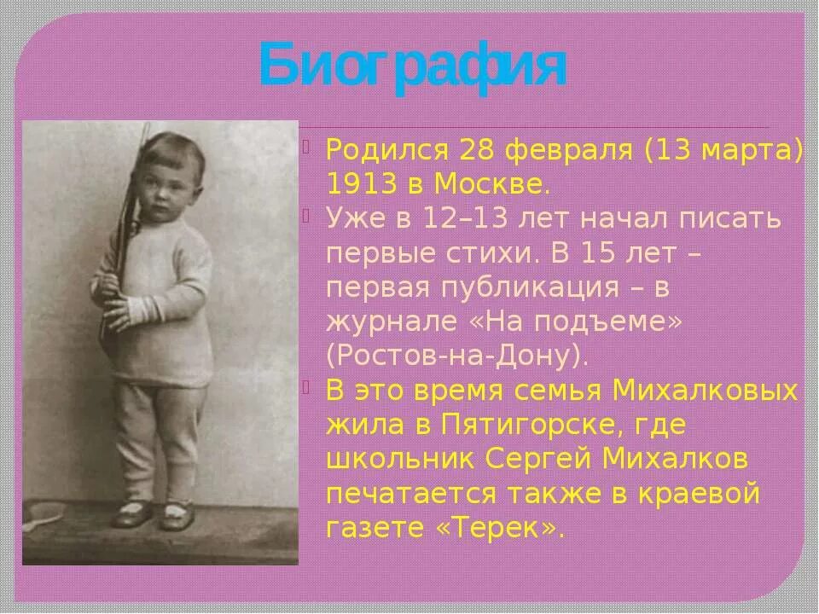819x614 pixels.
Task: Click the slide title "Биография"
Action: pyautogui.click(x=413, y=67)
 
